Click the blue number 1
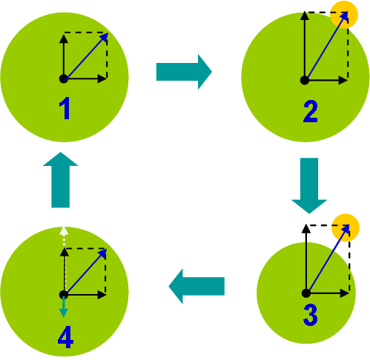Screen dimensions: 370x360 click(x=65, y=108)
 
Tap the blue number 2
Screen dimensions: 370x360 click(x=310, y=111)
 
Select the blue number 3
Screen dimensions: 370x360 click(x=310, y=315)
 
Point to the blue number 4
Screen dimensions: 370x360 click(x=65, y=336)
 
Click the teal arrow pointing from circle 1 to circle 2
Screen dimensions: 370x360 click(x=184, y=72)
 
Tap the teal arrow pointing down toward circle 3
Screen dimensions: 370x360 click(x=309, y=186)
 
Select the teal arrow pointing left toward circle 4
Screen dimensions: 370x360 click(x=196, y=286)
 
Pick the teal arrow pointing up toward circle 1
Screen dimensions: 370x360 click(x=61, y=180)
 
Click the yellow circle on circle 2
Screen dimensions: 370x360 click(x=344, y=15)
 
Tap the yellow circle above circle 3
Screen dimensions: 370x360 click(x=346, y=227)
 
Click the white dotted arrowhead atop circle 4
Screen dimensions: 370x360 click(x=64, y=231)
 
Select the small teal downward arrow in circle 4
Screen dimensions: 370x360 click(x=64, y=307)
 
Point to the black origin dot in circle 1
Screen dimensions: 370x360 click(x=64, y=79)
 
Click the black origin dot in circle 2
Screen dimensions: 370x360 click(x=305, y=80)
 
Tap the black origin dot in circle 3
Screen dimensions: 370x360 click(x=306, y=293)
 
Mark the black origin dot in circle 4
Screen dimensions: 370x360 click(x=64, y=295)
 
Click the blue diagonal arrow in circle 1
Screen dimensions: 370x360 click(x=86, y=56)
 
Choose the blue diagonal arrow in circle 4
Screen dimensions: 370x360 click(x=85, y=272)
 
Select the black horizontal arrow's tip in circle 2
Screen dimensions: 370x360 click(x=348, y=80)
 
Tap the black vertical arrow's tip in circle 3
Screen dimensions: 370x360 click(x=306, y=224)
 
